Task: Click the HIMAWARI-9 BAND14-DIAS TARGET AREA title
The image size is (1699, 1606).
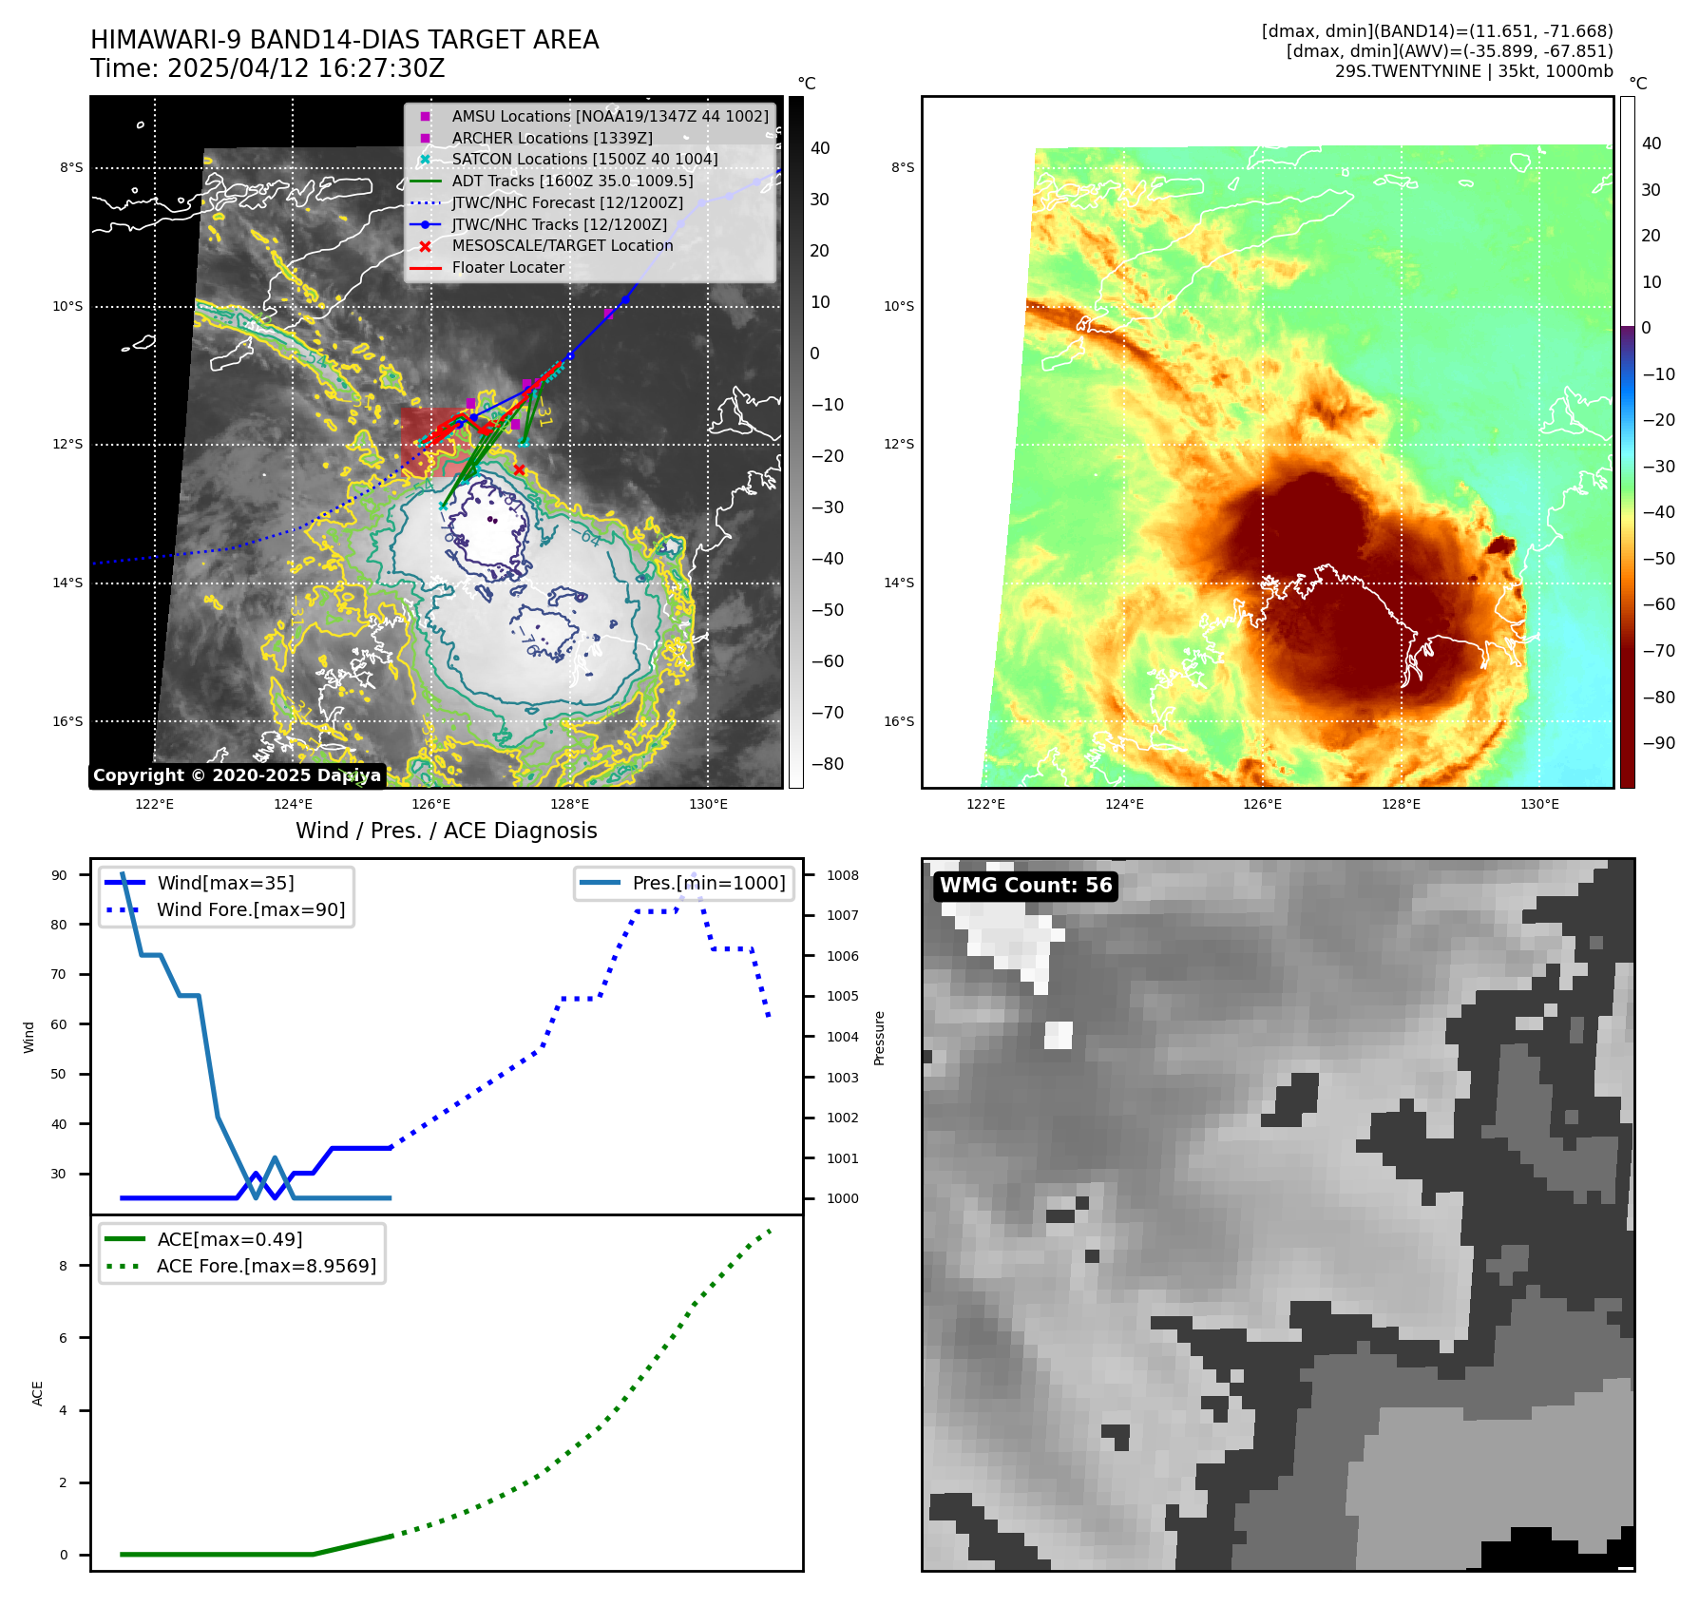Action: pyautogui.click(x=344, y=40)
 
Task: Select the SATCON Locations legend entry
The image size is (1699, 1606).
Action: pyautogui.click(x=584, y=159)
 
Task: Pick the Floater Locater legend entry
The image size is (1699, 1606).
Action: pyautogui.click(x=507, y=267)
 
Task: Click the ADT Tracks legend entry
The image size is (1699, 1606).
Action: pyautogui.click(x=572, y=181)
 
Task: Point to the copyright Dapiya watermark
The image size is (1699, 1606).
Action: pyautogui.click(x=237, y=775)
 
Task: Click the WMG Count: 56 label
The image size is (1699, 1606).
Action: pyautogui.click(x=1025, y=886)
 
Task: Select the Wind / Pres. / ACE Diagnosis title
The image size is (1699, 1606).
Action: pyautogui.click(x=446, y=831)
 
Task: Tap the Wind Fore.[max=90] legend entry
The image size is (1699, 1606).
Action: pyautogui.click(x=251, y=909)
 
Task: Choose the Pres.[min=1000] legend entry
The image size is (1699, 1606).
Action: pyautogui.click(x=708, y=883)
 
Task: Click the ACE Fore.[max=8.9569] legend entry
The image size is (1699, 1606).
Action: pyautogui.click(x=266, y=1266)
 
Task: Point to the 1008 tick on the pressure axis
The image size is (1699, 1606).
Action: pyautogui.click(x=842, y=875)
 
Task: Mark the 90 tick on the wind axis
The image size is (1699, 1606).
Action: pyautogui.click(x=59, y=875)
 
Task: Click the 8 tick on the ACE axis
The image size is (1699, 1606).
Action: pyautogui.click(x=64, y=1266)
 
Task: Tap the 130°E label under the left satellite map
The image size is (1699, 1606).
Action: pyautogui.click(x=708, y=804)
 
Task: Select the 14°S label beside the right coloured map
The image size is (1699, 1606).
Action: pyautogui.click(x=899, y=583)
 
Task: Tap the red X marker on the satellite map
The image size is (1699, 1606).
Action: pyautogui.click(x=519, y=469)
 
